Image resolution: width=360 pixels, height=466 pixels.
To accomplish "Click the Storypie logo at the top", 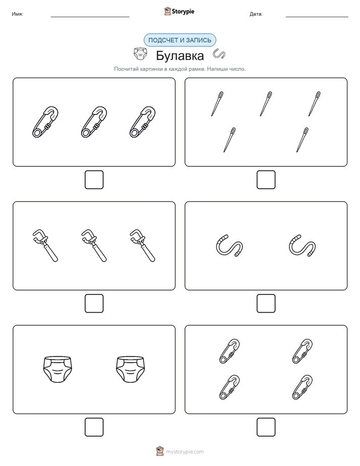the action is point(179,11).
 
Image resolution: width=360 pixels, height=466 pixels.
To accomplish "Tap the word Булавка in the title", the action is point(179,55).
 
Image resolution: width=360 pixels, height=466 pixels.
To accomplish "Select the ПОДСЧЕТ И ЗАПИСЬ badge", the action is point(179,40).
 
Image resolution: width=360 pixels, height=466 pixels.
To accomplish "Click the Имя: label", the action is point(17,14).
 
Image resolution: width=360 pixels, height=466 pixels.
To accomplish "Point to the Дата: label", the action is point(256,14).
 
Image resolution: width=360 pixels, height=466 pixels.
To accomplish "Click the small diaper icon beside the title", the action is point(140,54).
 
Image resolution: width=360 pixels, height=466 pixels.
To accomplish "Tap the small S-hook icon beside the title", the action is point(219,53).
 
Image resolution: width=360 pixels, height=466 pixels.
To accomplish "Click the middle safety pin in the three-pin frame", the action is point(94,122).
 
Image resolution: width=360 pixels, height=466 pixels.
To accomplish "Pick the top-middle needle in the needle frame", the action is point(266,103).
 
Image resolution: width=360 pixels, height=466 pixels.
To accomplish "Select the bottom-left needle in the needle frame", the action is point(229,140).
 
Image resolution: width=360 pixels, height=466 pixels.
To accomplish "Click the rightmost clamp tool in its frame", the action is point(143,245).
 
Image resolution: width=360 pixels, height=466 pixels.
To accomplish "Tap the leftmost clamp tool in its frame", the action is point(45,245).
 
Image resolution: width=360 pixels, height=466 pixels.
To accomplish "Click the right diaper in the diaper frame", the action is point(131,369).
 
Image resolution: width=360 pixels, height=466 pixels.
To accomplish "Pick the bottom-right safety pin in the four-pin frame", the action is point(303,387).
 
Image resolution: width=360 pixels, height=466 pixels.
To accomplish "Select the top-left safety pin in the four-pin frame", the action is point(229,351).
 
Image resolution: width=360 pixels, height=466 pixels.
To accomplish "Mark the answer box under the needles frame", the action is point(266,180).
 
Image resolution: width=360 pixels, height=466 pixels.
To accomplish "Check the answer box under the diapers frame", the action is point(94,427).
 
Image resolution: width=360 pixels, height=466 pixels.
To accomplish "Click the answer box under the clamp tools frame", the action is point(94,304).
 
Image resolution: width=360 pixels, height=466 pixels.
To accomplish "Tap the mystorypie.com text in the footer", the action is point(185,452).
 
